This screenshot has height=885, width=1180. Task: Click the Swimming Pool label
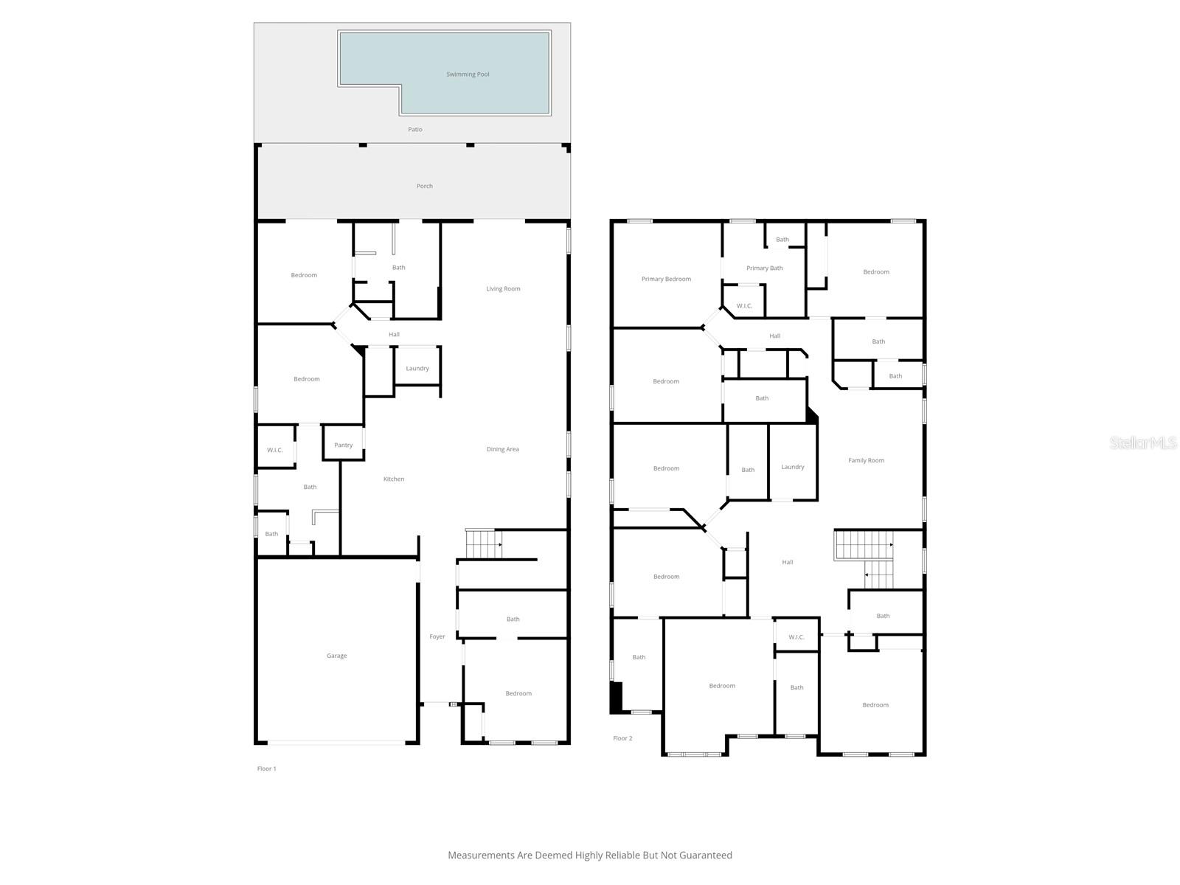coord(468,74)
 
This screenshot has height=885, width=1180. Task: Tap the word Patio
coord(415,130)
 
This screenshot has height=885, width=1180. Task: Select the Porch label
coord(425,187)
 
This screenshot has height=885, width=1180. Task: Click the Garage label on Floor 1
coord(337,656)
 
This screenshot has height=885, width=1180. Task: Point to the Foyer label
coord(437,636)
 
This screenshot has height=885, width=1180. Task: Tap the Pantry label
coord(344,445)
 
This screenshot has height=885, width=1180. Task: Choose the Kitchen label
coord(394,479)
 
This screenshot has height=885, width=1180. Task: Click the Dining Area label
coord(503,449)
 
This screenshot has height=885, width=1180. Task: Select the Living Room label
coord(503,289)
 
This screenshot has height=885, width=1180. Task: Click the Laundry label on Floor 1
coord(417,369)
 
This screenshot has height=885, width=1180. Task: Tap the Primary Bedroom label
coord(666,280)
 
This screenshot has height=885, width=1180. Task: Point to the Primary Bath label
coord(765,268)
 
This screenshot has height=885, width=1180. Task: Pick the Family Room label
coord(866,461)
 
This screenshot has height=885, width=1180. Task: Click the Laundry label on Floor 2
coord(793,467)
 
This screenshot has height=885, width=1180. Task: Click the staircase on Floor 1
coord(483,544)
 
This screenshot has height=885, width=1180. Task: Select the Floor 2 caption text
coord(622,738)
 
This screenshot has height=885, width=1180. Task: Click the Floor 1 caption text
coord(266,768)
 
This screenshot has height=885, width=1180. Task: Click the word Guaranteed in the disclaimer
coord(705,855)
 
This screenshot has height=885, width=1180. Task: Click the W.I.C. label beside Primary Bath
coord(744,306)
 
